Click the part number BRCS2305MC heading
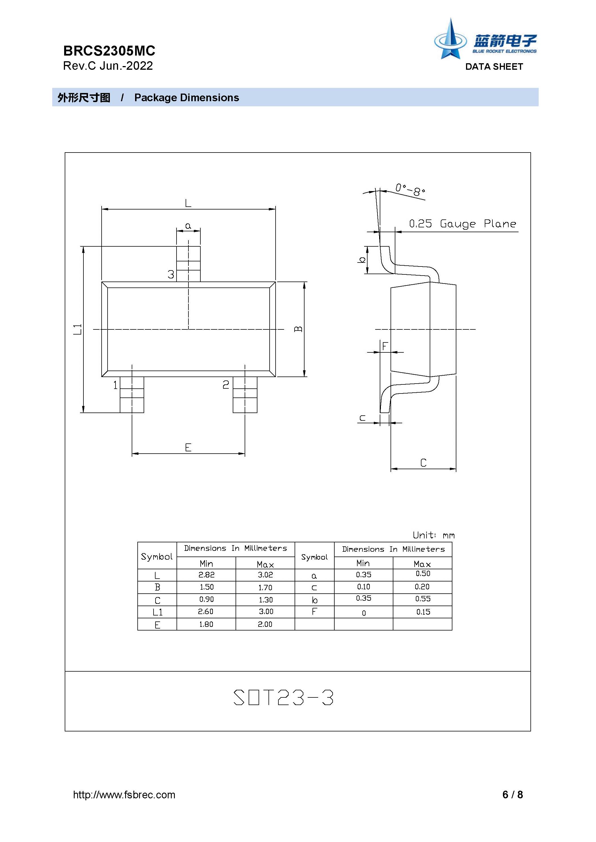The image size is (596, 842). tap(109, 51)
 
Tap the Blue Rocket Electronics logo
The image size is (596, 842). tap(485, 39)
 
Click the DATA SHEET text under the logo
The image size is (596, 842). tap(494, 67)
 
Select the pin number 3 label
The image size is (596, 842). tap(171, 274)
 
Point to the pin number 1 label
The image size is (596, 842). tap(115, 385)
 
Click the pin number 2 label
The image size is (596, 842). tap(226, 384)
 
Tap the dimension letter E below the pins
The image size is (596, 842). tap(188, 447)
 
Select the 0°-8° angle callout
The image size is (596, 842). tap(410, 190)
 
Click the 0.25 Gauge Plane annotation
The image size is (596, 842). tap(463, 224)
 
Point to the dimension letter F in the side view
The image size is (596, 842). tap(385, 346)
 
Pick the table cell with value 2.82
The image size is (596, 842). tap(206, 575)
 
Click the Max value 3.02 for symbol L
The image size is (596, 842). tap(265, 575)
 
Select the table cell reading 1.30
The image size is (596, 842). tap(265, 600)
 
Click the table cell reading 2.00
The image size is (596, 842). tap(265, 624)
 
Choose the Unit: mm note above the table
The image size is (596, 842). tap(434, 535)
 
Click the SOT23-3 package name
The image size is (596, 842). tap(284, 697)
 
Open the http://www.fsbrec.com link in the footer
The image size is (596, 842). tap(124, 795)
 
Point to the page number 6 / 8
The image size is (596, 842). tap(513, 795)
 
